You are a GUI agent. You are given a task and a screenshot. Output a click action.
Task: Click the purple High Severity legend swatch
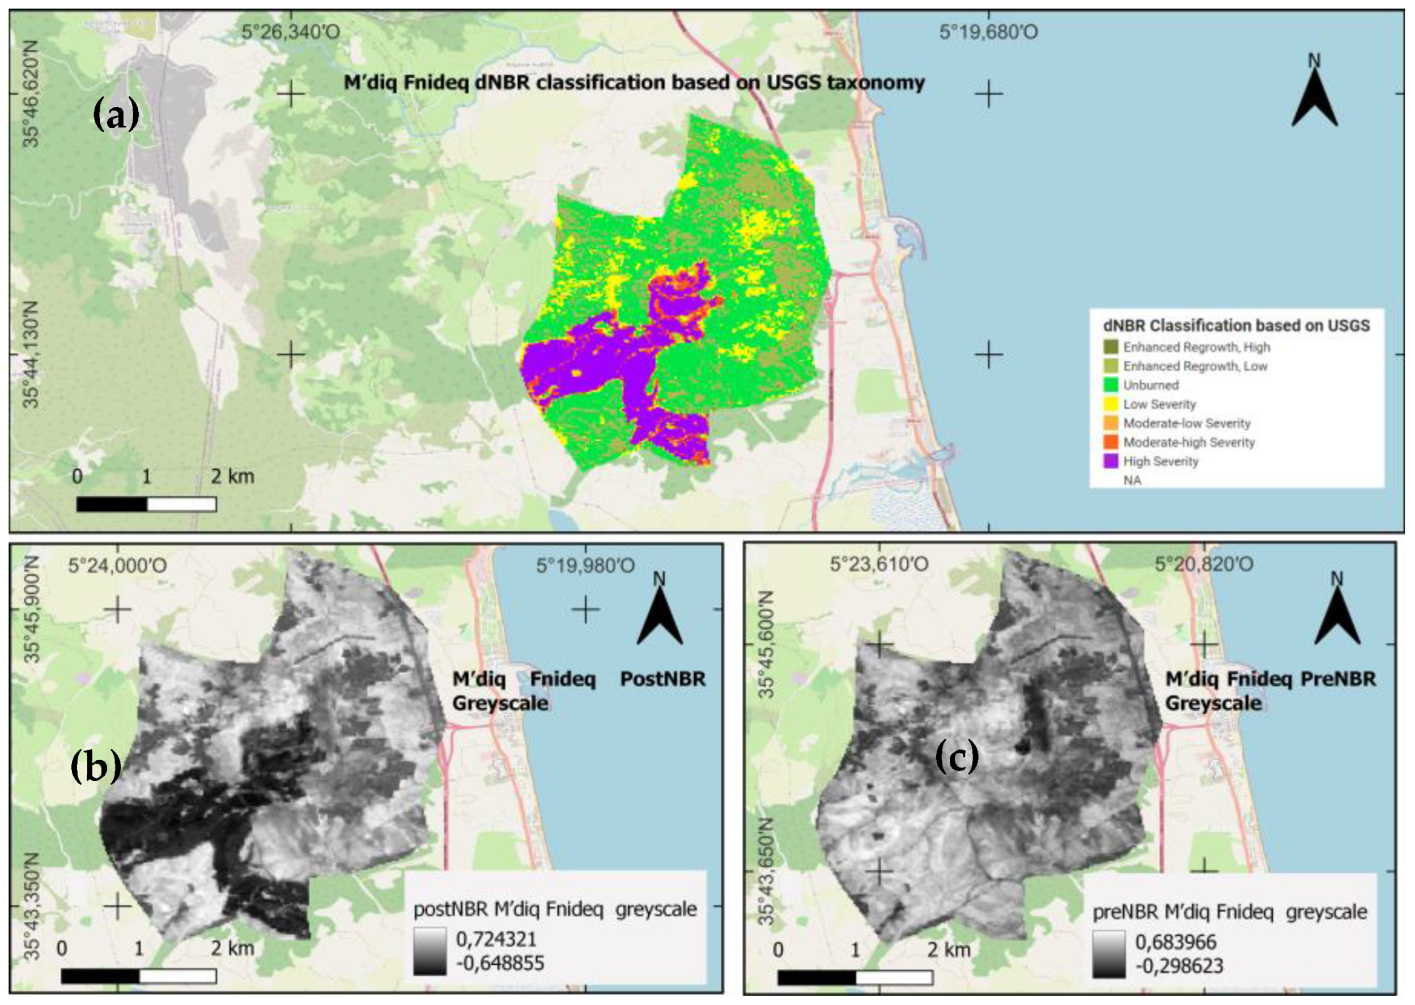click(1111, 461)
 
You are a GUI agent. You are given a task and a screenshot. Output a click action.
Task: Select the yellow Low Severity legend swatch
click(1111, 404)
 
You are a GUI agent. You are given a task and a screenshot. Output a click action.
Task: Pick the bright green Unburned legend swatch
click(1111, 385)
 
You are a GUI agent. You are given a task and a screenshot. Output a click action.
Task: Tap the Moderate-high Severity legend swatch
click(1111, 442)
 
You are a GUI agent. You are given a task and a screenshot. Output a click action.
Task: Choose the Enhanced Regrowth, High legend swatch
click(1111, 347)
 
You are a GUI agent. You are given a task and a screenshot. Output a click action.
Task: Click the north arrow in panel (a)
click(1314, 99)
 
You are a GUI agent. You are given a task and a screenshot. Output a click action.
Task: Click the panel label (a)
click(116, 116)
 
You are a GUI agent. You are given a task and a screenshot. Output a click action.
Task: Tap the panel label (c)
click(957, 757)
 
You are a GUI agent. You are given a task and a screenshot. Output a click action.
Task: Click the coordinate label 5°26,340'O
click(290, 32)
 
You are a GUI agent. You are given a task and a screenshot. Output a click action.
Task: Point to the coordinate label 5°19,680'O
click(988, 32)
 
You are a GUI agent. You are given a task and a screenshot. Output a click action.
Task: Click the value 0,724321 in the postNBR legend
click(496, 939)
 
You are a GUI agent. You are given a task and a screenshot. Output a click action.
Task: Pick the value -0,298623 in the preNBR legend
click(1179, 966)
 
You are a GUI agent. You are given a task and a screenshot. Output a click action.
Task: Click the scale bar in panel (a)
click(146, 504)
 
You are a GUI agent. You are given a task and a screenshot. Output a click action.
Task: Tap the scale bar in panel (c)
click(855, 977)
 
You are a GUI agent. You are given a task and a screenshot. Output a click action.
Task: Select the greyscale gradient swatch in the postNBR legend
click(430, 951)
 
